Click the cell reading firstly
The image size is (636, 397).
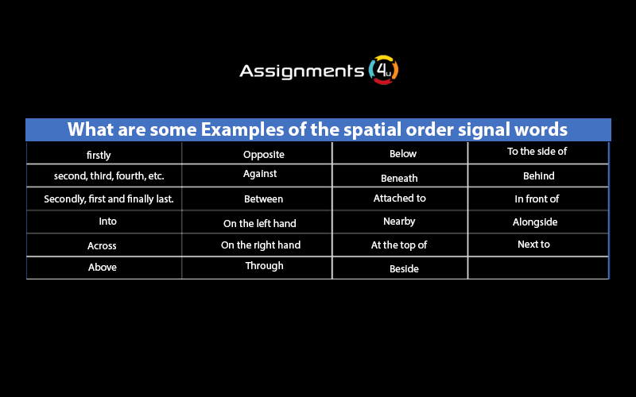[99, 155]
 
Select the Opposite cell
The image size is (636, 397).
[263, 155]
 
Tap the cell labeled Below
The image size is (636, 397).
[402, 154]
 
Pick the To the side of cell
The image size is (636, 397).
[537, 152]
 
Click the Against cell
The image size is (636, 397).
[260, 173]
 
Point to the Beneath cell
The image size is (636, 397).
[399, 178]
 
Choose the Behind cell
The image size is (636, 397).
[538, 175]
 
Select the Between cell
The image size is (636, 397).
[263, 199]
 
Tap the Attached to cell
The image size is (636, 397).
[399, 198]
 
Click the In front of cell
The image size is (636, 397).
[537, 198]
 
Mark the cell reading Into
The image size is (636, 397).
[107, 222]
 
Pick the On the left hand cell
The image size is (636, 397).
[260, 224]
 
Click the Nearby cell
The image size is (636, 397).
[399, 222]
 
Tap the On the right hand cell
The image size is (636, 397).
[261, 245]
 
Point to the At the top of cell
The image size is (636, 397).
[399, 245]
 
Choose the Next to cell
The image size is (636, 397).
[533, 245]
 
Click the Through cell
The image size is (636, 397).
[264, 266]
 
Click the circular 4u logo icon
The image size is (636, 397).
[384, 70]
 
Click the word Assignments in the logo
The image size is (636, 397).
[302, 71]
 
